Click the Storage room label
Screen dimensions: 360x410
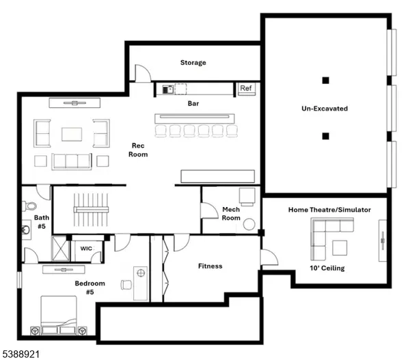pos(193,63)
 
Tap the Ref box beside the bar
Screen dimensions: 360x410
pos(246,88)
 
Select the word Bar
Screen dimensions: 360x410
pos(193,105)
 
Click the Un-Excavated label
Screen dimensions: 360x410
pos(325,109)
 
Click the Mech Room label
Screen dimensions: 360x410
pos(231,214)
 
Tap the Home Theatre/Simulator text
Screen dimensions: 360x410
pos(329,210)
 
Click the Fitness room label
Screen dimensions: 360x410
pos(210,266)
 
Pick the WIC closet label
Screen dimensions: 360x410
pos(87,248)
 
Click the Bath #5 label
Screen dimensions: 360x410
pos(42,223)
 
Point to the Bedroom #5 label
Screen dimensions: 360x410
pos(90,287)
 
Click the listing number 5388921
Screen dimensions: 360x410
pos(20,353)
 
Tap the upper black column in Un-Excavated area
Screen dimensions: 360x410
pos(326,79)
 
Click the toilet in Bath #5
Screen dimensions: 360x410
pos(30,206)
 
